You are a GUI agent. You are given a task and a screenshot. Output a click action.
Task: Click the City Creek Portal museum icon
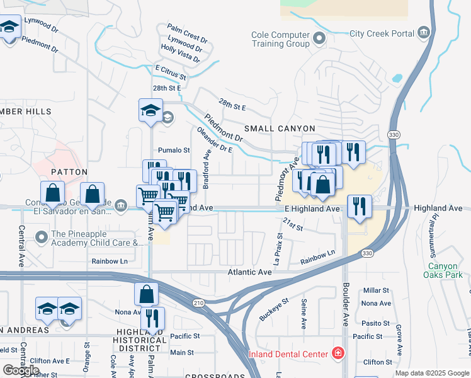pos(423,33)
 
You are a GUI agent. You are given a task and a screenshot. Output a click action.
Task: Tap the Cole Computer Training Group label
pos(280,40)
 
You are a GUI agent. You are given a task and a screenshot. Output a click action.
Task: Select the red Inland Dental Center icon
pos(338,352)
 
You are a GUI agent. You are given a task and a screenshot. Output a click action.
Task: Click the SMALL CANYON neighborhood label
pos(275,129)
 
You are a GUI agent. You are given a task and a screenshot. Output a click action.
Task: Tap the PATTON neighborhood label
pos(69,172)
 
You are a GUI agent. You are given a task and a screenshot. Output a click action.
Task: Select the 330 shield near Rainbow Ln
pos(367,253)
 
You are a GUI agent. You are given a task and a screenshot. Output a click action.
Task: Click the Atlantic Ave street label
pos(249,272)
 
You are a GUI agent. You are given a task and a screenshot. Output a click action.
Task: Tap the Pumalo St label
pos(174,151)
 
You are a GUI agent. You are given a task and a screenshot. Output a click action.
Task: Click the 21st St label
pos(293,224)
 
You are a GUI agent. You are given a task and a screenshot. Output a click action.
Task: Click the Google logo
pos(21,370)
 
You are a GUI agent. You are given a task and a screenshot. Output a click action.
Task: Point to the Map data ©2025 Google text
pos(431,373)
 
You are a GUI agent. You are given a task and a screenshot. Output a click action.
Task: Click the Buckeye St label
pos(272,305)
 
